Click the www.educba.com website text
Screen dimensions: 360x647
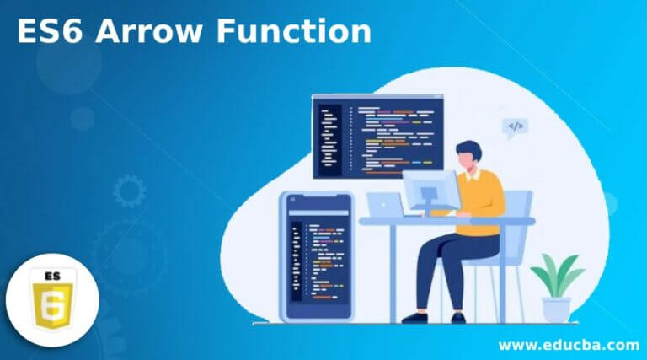point(568,344)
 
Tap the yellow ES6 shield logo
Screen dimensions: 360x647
point(52,299)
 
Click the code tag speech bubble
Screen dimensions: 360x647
point(515,127)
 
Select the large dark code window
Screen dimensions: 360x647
point(377,135)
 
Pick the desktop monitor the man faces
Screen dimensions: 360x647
point(430,191)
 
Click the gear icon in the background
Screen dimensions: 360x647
point(129,191)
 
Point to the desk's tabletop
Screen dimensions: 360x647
point(446,221)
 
